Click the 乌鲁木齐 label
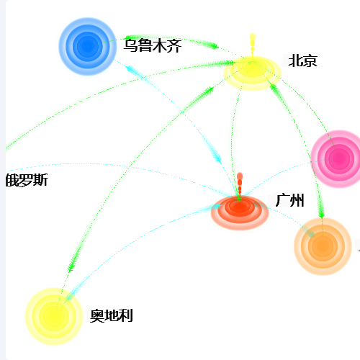153,45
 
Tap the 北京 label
303,60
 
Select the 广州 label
289,200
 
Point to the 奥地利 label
112,315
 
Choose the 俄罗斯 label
27,180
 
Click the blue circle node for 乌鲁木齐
87,46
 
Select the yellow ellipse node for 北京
252,73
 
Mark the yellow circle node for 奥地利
54,317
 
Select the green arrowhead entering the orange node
321,211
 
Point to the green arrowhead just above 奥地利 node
71,264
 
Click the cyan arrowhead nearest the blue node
132,70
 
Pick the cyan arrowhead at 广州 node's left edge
217,206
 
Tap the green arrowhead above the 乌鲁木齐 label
131,37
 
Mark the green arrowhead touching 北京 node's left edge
228,63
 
